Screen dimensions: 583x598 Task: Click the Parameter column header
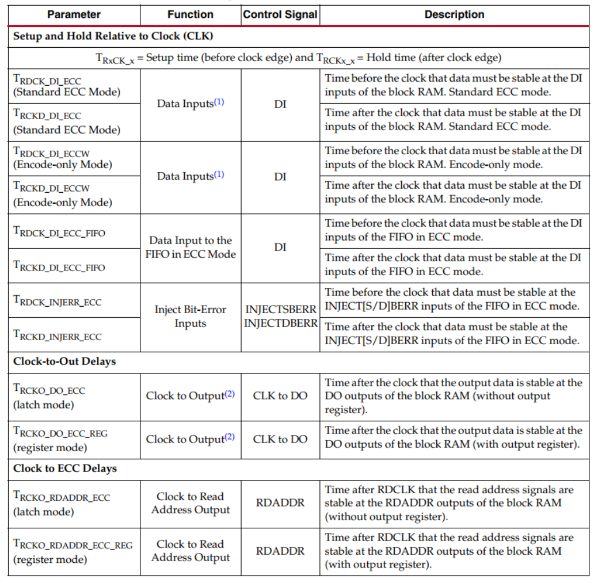[74, 15]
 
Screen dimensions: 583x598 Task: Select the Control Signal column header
[280, 15]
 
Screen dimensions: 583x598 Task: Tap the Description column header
[454, 15]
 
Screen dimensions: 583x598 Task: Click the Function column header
[190, 15]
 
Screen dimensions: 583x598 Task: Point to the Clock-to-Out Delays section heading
[64, 361]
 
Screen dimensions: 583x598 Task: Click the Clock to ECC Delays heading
[65, 468]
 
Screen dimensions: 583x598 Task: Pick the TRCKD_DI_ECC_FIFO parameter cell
[59, 267]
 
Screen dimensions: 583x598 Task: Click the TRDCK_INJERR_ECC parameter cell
[58, 301]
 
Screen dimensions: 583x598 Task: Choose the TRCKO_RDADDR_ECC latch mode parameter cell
[62, 504]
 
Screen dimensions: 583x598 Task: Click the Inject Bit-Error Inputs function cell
[190, 317]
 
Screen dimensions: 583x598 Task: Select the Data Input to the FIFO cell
[190, 247]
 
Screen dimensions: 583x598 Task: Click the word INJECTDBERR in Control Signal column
[281, 323]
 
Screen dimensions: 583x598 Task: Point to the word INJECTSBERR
[281, 310]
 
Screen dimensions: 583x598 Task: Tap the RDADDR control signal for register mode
[280, 551]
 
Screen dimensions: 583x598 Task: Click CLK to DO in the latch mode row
[280, 396]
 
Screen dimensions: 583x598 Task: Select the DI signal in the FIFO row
[280, 247]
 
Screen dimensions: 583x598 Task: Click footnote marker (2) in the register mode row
[230, 437]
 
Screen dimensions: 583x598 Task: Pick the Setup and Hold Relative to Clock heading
[113, 36]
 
